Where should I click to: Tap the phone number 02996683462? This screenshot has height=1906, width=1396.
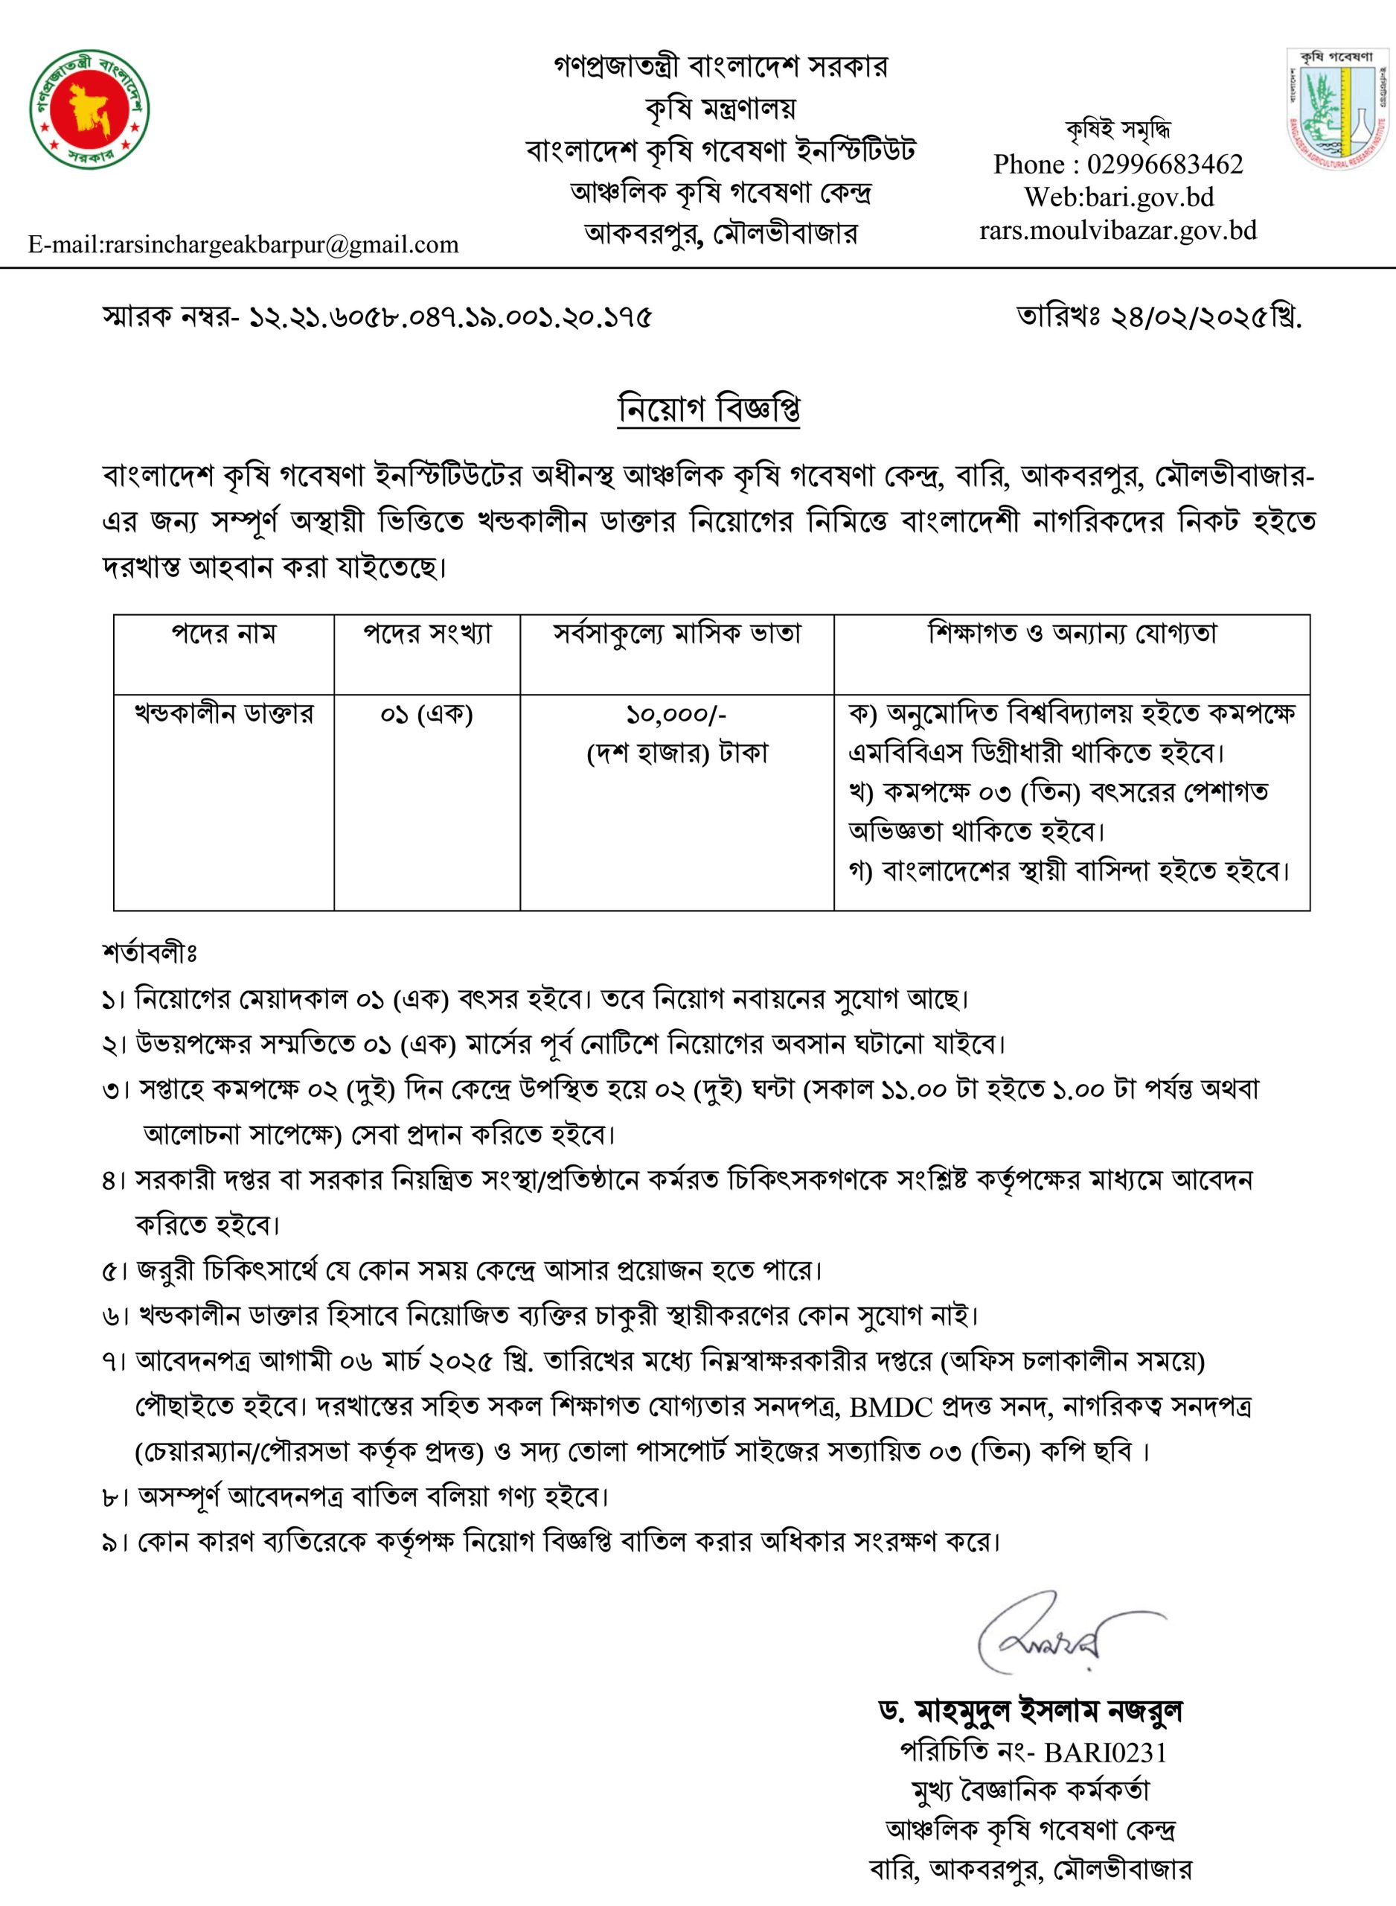(x=1165, y=164)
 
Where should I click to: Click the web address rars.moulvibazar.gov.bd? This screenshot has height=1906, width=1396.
(x=1118, y=230)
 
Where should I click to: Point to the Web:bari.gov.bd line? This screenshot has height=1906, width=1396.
(x=1119, y=197)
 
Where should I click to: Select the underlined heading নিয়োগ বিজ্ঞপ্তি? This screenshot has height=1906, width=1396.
(x=709, y=409)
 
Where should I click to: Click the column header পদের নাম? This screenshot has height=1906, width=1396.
(x=224, y=634)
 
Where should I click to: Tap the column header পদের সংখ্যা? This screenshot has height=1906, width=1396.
(x=426, y=634)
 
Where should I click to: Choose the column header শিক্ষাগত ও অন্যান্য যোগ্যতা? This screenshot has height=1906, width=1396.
(x=1072, y=634)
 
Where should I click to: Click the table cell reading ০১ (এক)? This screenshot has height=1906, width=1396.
(x=426, y=715)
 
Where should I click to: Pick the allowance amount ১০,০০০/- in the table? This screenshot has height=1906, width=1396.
(x=676, y=715)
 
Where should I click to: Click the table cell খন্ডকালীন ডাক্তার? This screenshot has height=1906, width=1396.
(x=224, y=715)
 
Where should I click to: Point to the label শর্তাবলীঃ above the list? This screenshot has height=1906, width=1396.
(x=150, y=954)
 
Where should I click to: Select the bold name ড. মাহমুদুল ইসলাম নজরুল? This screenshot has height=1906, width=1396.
(x=1031, y=1712)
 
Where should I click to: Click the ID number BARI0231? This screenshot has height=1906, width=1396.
(x=1105, y=1753)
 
